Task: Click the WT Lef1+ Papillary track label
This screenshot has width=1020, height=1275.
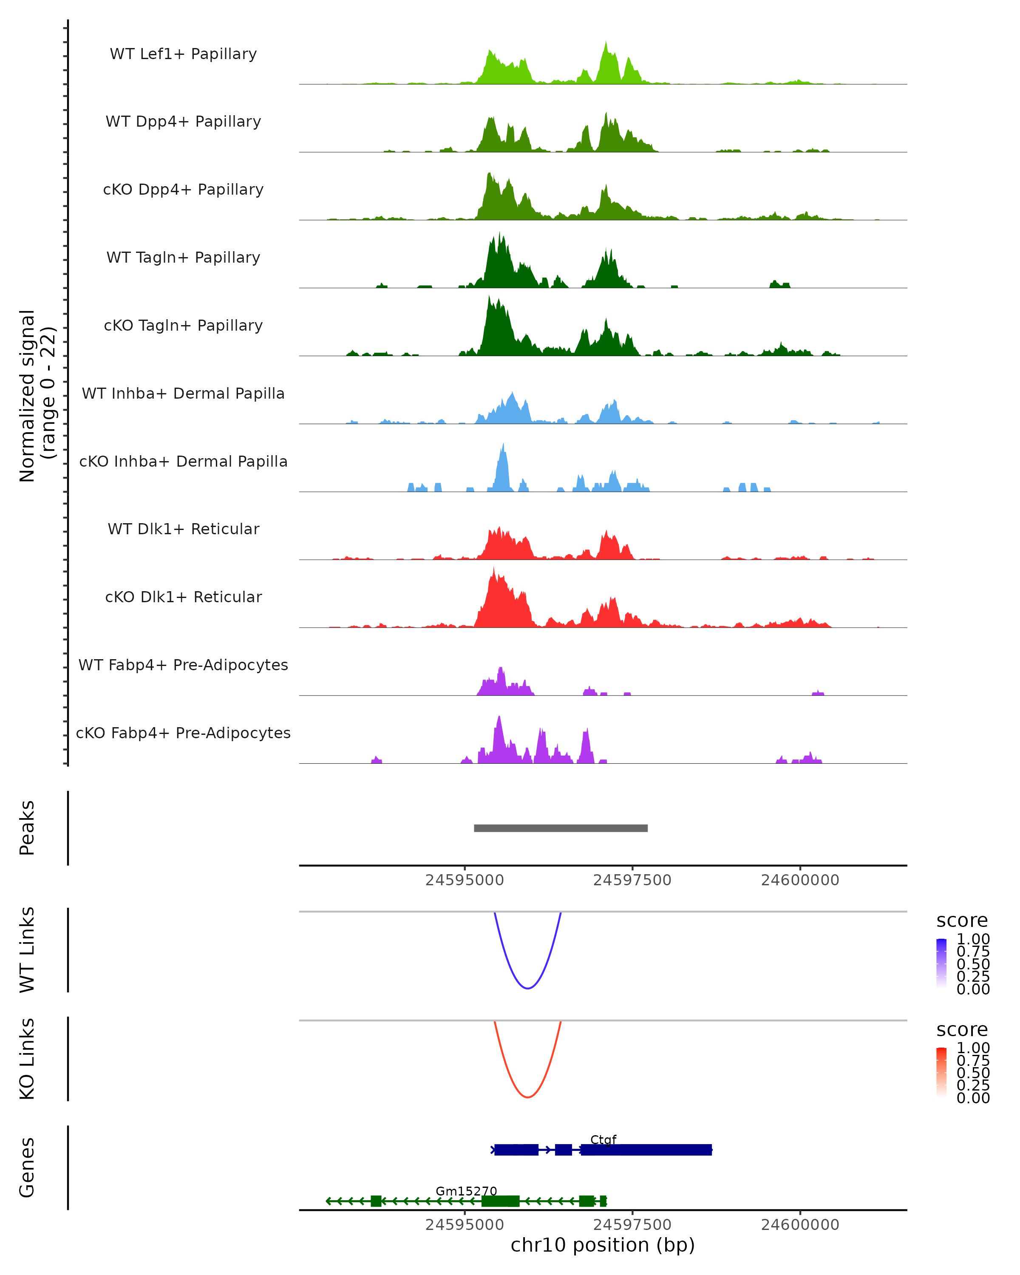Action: click(183, 54)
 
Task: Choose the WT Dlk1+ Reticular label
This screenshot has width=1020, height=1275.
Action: click(183, 529)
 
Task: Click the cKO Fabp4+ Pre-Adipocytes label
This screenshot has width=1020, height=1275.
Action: click(183, 733)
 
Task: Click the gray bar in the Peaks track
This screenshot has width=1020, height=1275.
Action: click(561, 828)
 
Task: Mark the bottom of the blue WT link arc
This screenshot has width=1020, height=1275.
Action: click(527, 988)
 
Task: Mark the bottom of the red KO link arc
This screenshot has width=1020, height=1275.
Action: click(527, 1097)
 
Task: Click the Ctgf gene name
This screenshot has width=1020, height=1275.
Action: click(603, 1139)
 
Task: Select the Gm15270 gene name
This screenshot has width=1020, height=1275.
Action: click(466, 1191)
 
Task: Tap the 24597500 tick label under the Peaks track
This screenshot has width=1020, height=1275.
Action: click(632, 880)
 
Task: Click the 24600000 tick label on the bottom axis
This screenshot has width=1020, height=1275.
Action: click(800, 1225)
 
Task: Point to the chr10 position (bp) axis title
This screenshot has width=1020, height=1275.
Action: click(603, 1245)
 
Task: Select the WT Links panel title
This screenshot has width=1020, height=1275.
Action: click(27, 950)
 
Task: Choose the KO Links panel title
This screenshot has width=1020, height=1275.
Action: click(27, 1059)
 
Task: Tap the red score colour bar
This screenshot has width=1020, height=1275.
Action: click(941, 1072)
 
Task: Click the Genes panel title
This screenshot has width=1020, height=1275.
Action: click(27, 1167)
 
